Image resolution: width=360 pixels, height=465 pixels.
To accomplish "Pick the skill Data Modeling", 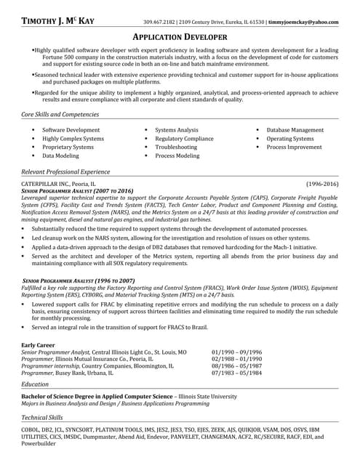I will click(x=61, y=155).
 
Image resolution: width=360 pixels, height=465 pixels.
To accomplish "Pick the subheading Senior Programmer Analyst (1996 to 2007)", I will click(x=79, y=280).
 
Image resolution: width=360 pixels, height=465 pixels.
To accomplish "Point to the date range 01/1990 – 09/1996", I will click(x=237, y=352).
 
